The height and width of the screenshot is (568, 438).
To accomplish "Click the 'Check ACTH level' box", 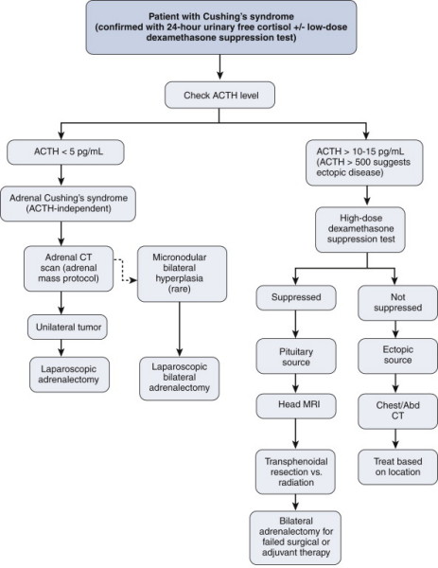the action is pos(219,96).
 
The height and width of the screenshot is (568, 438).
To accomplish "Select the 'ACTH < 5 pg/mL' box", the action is pos(65,152).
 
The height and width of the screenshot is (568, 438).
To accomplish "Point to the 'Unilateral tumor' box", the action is pos(67,328).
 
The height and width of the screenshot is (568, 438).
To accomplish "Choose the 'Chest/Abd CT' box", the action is pos(398,411).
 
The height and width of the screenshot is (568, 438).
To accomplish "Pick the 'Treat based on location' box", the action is pos(398,467).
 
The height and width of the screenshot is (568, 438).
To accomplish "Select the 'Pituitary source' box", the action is pos(296,356).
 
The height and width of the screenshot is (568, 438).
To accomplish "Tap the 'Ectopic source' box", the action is pos(398,356).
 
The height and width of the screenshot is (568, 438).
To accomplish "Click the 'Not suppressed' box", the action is pos(398,303).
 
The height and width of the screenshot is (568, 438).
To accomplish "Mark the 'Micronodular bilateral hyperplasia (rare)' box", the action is pos(182,274).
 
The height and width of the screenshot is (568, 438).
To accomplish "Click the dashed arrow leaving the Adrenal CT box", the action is pos(123,270).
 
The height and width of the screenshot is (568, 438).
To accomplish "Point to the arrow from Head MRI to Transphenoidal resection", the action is pos(296,434).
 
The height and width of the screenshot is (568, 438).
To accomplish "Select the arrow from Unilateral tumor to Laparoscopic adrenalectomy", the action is pos(61,348).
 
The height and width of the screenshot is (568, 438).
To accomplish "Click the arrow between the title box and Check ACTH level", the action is pos(219,68).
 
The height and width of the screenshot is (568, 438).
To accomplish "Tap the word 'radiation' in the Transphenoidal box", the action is pos(296,483).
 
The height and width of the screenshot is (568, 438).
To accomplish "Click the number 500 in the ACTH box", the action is pos(362,162).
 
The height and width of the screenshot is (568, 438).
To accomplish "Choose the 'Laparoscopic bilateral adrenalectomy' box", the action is pos(180,379).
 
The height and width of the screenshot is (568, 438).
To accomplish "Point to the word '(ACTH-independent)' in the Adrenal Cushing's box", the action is pos(68,208).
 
